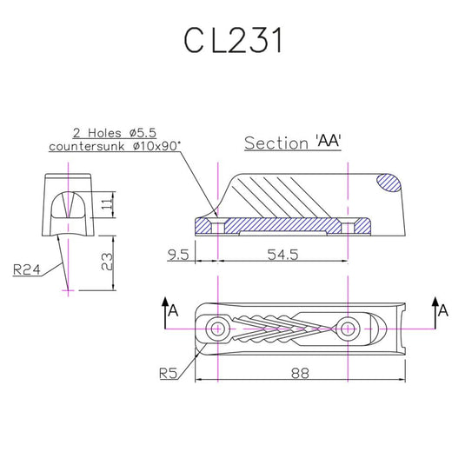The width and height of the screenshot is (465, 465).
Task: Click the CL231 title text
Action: click(232, 40)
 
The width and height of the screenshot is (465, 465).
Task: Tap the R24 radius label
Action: click(29, 269)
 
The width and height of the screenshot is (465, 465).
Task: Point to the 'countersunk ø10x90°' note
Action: click(115, 147)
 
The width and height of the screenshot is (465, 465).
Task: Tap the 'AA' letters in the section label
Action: click(328, 142)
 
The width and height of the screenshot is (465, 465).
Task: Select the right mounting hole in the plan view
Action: click(348, 328)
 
